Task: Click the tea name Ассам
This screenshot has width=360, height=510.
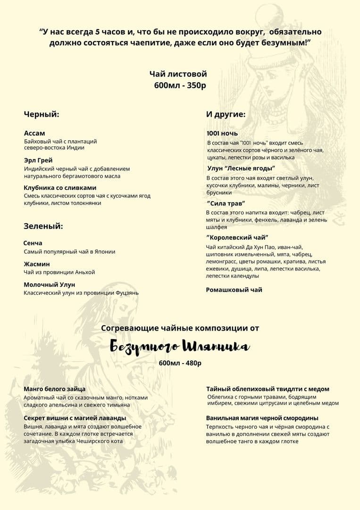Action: coord(34,133)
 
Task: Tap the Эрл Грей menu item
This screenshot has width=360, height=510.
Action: coord(38,160)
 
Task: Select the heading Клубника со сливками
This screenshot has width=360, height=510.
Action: coord(60,187)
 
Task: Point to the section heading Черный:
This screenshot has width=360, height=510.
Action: coord(42,114)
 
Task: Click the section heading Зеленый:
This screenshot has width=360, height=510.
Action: coord(43,226)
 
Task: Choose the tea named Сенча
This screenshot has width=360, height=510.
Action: coord(33,243)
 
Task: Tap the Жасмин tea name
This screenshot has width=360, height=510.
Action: coord(37,264)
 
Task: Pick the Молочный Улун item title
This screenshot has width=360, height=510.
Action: coord(50,285)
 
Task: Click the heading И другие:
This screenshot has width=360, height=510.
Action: coord(226,114)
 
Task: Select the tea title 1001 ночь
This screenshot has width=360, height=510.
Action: coord(222,133)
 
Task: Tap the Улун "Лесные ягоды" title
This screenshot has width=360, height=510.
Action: coord(241,168)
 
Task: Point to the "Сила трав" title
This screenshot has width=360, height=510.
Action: coord(226,203)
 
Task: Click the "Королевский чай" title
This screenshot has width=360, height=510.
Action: coord(237,238)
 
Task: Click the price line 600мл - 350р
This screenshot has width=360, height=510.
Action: coord(180,85)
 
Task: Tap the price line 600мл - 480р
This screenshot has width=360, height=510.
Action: coord(180,363)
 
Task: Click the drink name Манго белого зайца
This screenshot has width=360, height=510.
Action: coord(55,389)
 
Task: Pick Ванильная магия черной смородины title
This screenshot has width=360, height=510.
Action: coord(262,418)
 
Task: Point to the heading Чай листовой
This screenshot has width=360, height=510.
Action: coord(178,74)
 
